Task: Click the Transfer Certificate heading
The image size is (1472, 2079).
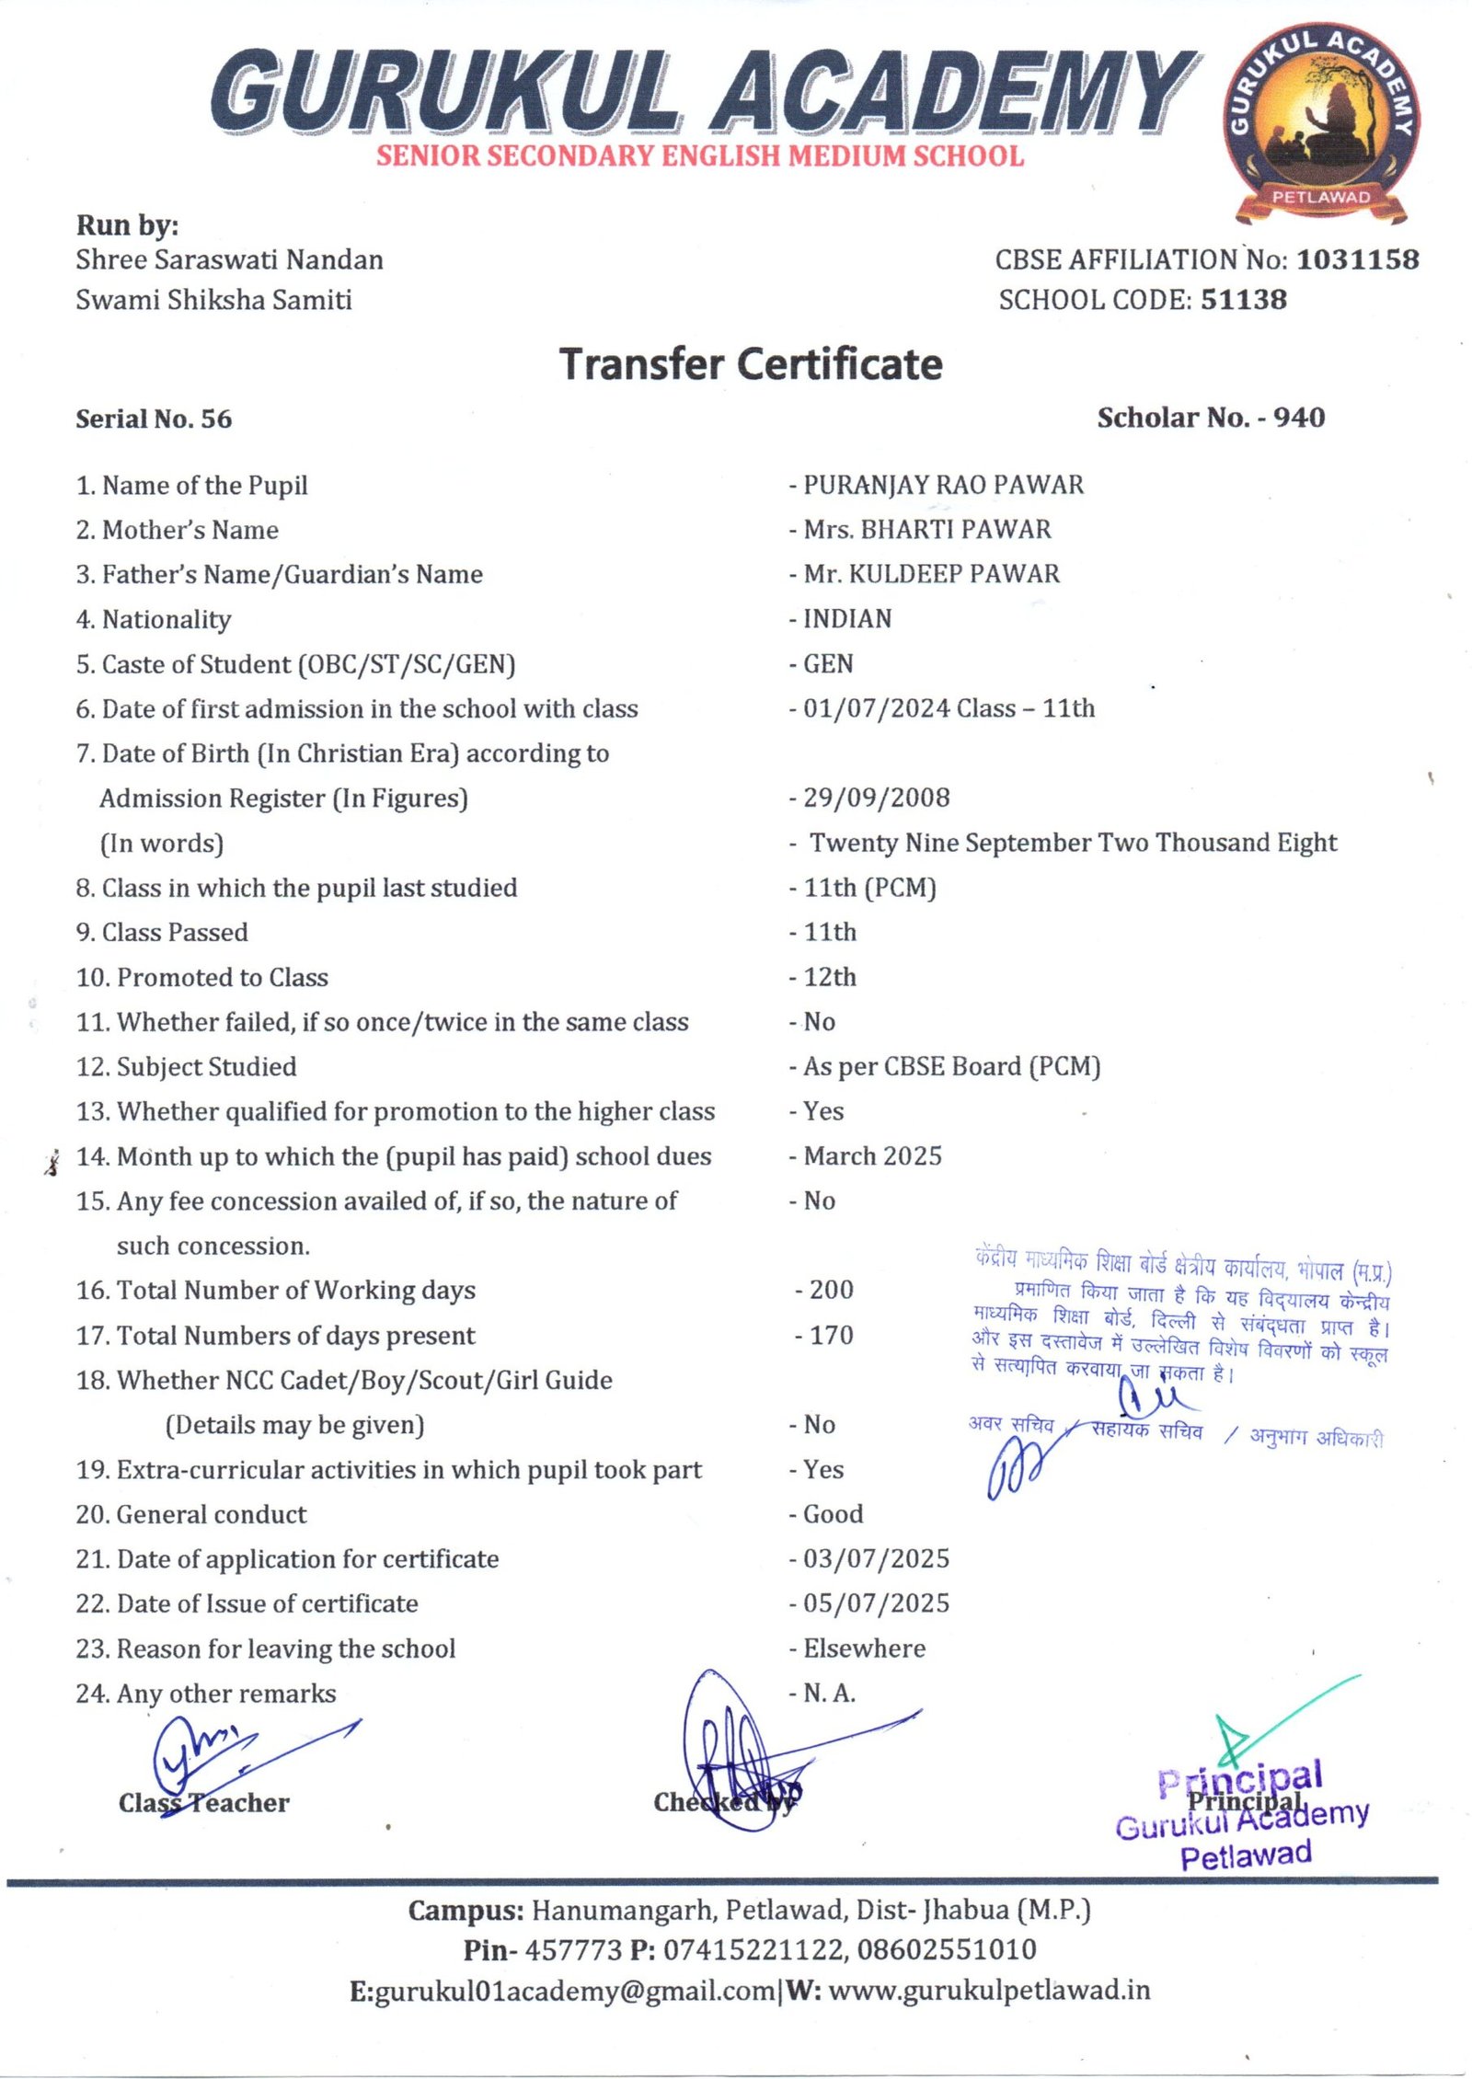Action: tap(751, 364)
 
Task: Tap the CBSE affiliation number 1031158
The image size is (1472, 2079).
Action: tap(1357, 260)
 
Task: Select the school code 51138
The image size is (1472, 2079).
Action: tap(1244, 300)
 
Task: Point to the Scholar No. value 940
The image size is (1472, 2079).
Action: tap(1299, 418)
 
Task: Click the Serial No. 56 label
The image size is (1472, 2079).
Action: tap(154, 419)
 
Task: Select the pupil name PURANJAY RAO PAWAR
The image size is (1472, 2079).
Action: tap(943, 485)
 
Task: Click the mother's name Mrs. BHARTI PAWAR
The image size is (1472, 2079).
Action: tap(926, 530)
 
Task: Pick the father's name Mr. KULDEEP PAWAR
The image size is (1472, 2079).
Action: tap(931, 574)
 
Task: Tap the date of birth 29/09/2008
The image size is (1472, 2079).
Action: tap(876, 798)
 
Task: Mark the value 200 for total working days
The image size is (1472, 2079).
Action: tap(831, 1290)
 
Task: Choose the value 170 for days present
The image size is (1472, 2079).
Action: tap(831, 1335)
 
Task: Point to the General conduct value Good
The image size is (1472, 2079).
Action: tap(833, 1514)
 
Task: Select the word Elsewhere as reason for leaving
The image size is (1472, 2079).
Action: tap(864, 1648)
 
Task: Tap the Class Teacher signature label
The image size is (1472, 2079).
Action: tap(203, 1803)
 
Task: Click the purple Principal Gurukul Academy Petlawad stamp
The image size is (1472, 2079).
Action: tap(1243, 1817)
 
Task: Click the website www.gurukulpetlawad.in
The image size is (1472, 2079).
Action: tap(989, 1991)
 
